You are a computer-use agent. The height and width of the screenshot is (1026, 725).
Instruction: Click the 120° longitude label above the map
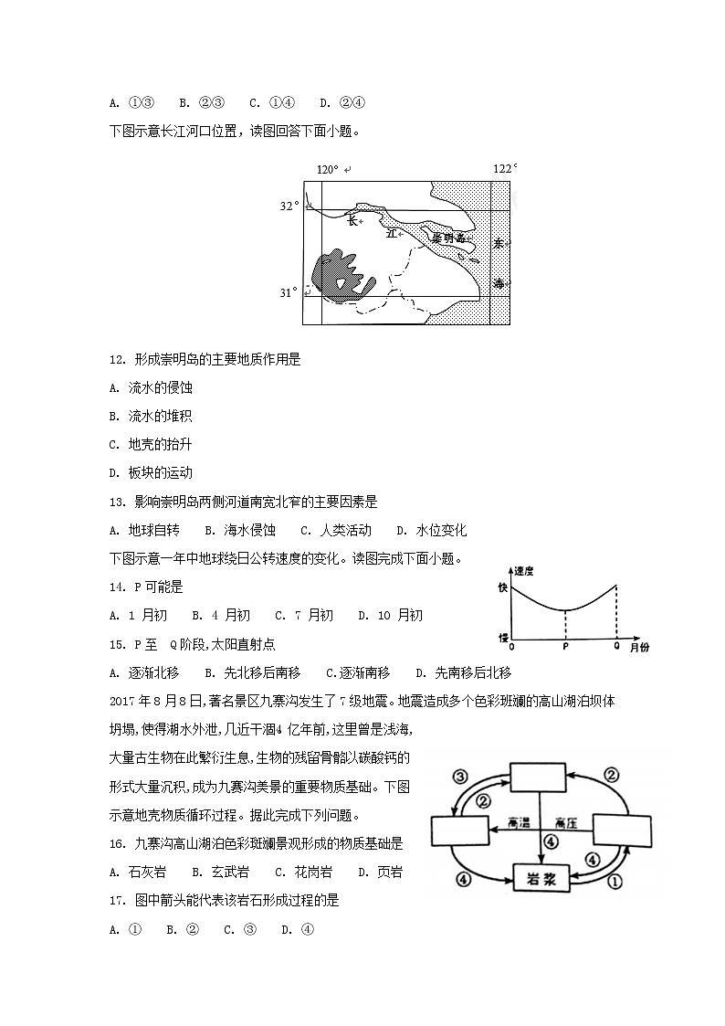328,170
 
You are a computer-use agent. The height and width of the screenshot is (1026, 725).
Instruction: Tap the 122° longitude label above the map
505,168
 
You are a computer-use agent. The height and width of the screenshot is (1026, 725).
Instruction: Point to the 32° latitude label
289,206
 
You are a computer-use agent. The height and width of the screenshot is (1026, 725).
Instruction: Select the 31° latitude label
289,292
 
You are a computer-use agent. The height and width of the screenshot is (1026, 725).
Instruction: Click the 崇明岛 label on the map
448,238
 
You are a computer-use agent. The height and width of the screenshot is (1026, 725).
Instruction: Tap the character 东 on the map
499,244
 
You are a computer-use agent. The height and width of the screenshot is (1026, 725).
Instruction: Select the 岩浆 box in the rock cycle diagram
541,878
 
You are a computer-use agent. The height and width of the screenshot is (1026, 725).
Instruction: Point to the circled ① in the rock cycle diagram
615,882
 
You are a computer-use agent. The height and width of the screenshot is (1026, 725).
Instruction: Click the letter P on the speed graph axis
565,647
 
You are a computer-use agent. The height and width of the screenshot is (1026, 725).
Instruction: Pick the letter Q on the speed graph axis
616,646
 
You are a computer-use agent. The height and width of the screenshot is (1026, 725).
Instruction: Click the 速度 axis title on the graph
523,570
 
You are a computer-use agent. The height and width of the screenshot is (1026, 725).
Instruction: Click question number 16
116,844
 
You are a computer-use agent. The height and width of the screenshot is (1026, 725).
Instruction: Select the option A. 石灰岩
141,872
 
